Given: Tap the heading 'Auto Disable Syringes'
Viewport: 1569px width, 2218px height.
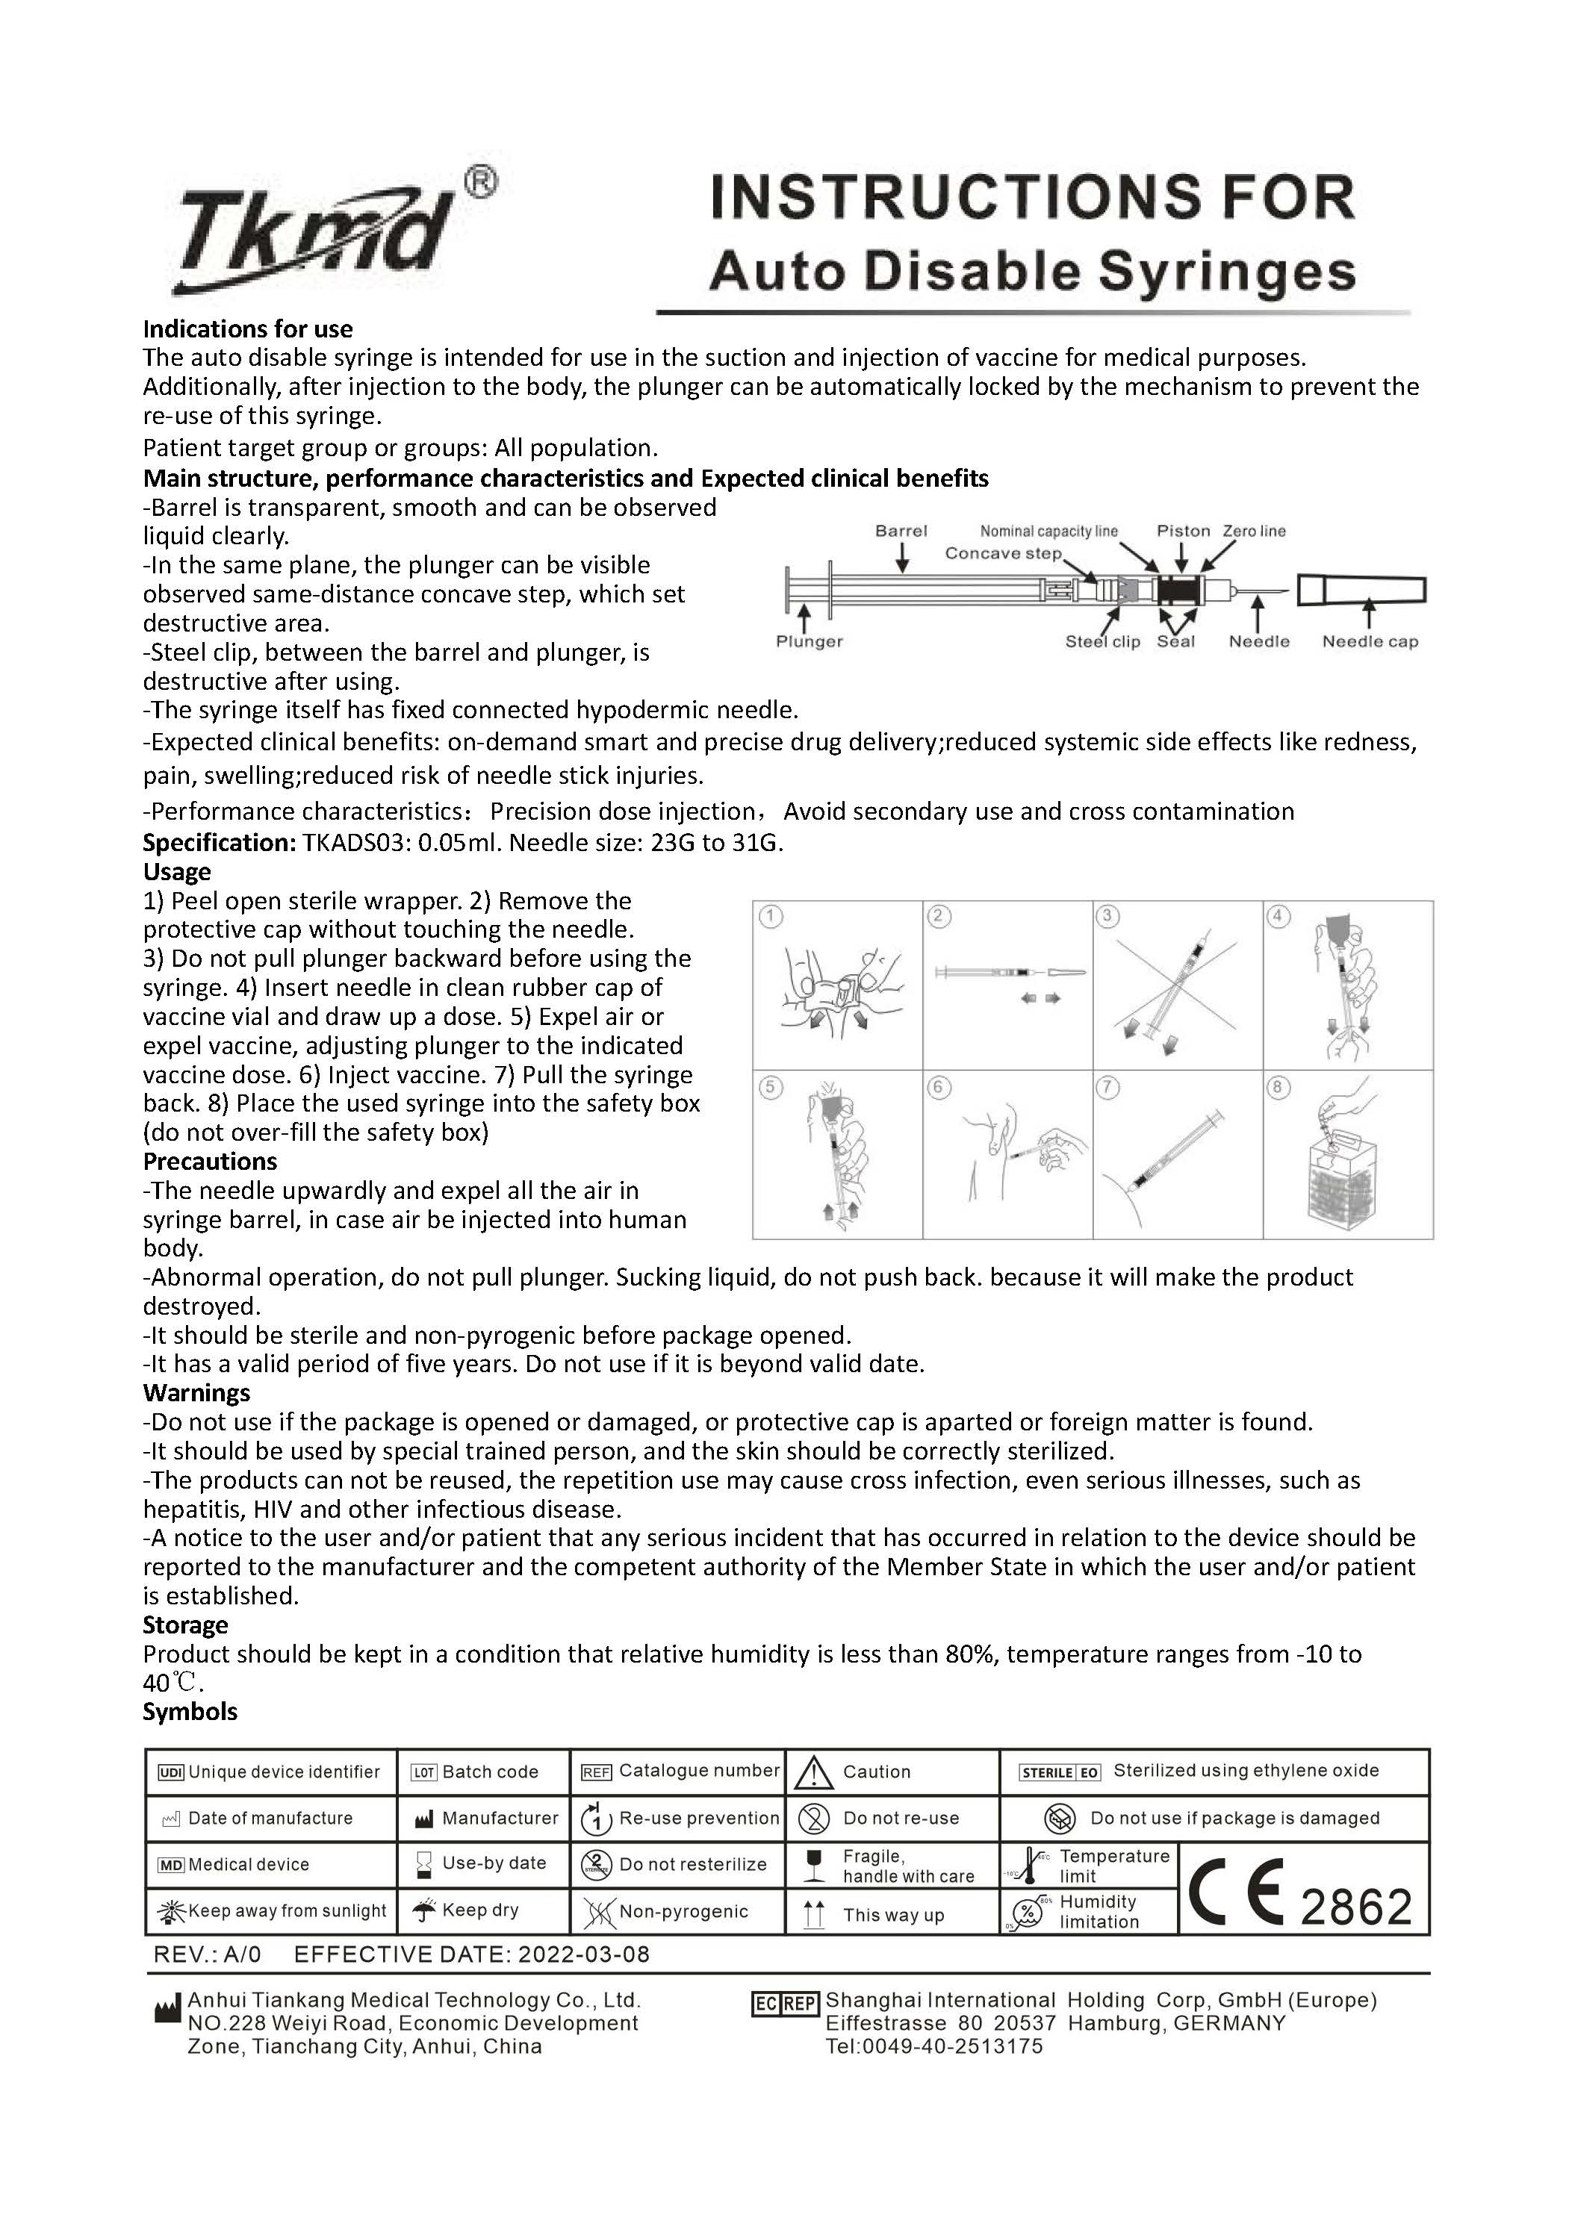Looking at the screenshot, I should (1032, 272).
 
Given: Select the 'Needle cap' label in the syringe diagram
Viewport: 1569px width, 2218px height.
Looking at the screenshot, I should (1369, 641).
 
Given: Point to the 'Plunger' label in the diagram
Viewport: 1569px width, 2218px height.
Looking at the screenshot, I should (809, 641).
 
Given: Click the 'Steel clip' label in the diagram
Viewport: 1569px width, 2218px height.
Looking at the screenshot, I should (1102, 641).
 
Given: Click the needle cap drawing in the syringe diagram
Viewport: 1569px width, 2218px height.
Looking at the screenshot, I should (1361, 589).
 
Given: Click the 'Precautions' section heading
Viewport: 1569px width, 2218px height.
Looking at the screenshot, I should (210, 1161).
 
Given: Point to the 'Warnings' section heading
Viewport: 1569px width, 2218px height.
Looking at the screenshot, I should (196, 1393).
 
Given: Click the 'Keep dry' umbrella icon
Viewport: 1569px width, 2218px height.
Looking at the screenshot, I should (424, 1911).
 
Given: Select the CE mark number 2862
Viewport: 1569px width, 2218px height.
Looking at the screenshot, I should (1356, 1906).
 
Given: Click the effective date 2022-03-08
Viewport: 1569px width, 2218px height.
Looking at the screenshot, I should (583, 1955).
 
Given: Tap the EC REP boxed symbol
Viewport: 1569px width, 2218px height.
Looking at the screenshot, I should (784, 2004).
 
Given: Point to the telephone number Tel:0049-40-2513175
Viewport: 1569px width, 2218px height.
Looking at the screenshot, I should (933, 2046).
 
